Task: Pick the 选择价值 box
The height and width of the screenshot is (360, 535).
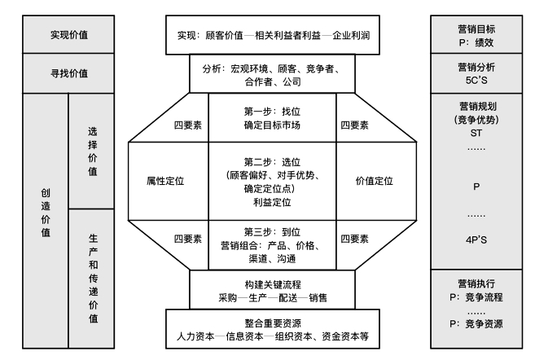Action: click(92, 151)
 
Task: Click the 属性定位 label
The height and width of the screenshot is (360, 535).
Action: click(165, 181)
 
